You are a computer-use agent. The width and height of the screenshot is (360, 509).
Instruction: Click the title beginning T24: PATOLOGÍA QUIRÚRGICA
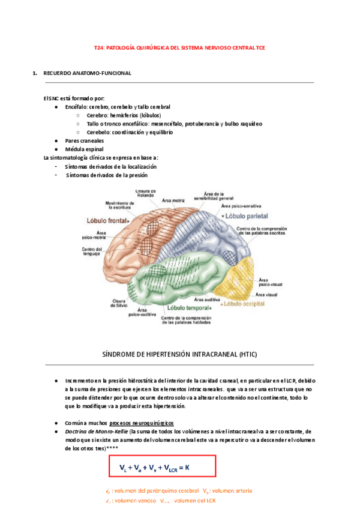(x=180, y=49)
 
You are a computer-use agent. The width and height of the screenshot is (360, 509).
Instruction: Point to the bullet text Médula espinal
(x=84, y=149)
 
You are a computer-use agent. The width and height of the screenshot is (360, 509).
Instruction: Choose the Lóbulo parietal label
(x=247, y=215)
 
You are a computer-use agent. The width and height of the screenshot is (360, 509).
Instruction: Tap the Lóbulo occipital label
(x=245, y=304)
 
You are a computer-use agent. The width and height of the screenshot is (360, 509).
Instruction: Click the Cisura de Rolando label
(x=146, y=194)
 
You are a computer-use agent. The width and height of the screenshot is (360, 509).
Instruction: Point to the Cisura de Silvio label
(x=119, y=303)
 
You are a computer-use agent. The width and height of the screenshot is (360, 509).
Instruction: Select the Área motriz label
(x=173, y=200)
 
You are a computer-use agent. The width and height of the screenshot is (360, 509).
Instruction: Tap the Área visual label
(x=266, y=295)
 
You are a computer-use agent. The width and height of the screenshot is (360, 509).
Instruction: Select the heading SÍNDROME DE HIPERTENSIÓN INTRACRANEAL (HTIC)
(x=180, y=355)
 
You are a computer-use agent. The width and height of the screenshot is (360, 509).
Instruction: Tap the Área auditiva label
(x=206, y=298)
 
